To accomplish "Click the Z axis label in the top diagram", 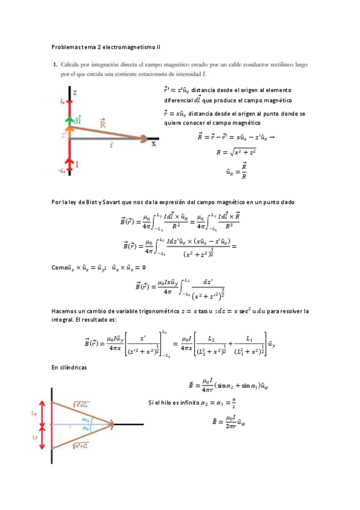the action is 75,92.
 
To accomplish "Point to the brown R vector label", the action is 103,123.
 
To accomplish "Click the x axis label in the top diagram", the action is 154,144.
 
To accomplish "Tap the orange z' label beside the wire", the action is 64,136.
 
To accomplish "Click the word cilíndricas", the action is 75,366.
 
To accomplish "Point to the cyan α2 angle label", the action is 87,420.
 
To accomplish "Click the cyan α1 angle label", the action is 87,428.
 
